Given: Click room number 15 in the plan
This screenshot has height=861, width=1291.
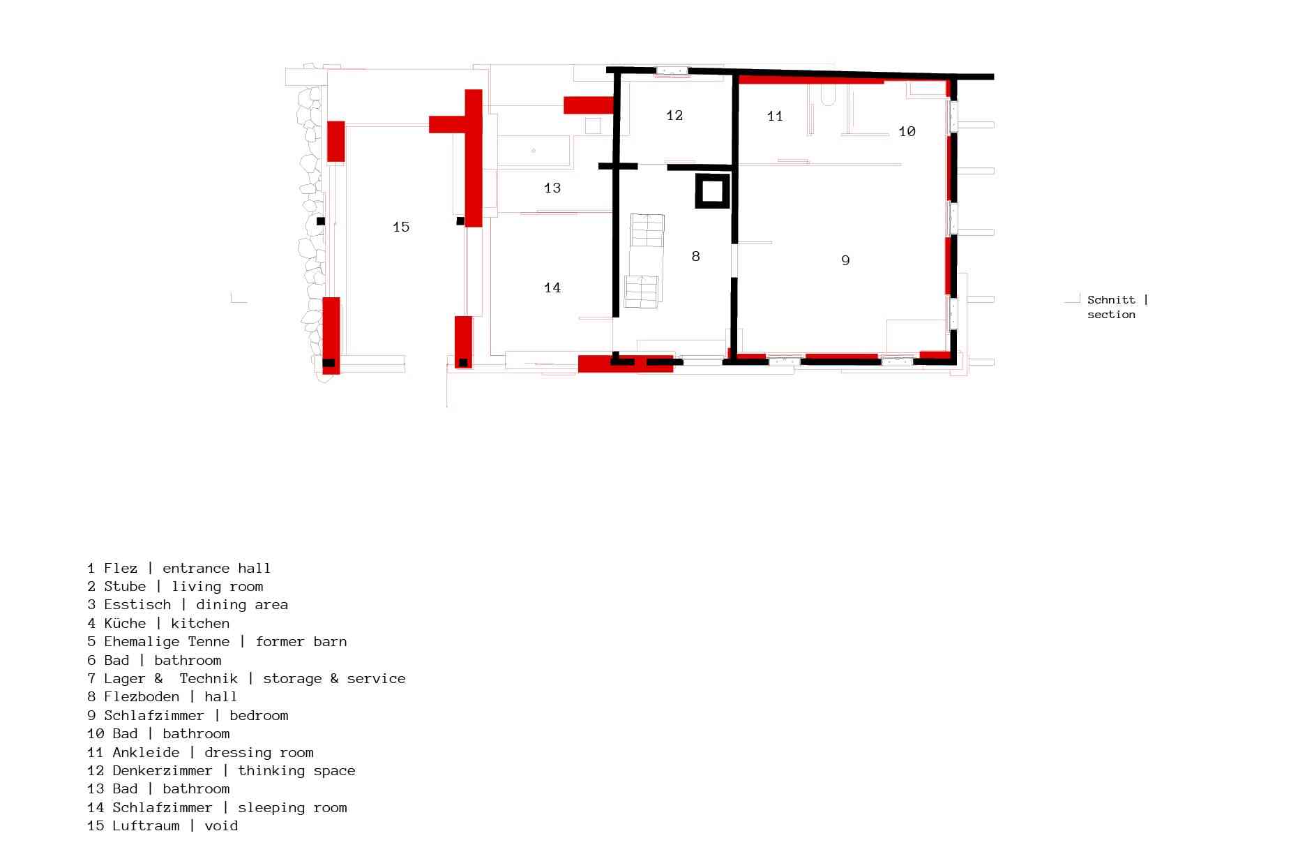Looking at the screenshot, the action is point(401,227).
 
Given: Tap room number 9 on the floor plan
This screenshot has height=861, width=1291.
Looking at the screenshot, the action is point(845,260).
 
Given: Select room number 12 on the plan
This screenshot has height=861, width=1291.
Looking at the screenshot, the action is point(674,115).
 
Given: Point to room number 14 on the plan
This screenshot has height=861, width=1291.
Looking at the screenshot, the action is point(552,287).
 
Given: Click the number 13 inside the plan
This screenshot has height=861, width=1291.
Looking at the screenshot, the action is point(552,188).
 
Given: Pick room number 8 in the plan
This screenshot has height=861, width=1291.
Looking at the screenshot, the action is point(695,256).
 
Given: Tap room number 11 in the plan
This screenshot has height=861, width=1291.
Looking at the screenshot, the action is point(775,116).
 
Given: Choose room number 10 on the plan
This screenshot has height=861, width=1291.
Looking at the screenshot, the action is point(907,131).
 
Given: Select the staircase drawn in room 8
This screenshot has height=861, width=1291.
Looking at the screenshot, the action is point(644,261).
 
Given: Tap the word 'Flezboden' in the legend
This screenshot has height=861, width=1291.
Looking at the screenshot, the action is point(142,696).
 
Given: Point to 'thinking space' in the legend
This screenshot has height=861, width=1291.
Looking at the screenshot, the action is point(296,771).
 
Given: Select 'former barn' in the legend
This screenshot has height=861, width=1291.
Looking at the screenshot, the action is point(301,641).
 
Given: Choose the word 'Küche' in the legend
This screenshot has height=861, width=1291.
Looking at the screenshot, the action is point(125,623).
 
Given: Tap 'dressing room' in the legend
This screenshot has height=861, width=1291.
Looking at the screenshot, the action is point(259,752).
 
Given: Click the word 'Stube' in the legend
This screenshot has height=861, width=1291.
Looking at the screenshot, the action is point(125,586).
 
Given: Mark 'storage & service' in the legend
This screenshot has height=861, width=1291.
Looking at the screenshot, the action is point(334,678).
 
